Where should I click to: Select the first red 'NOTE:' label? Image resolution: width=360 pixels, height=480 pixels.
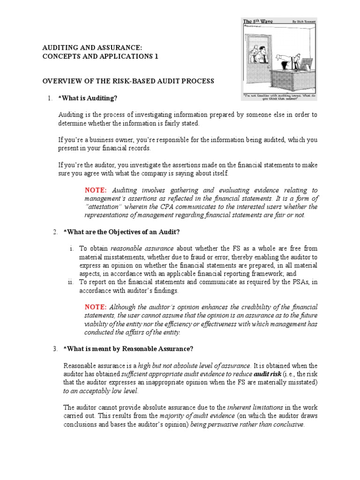[96, 190]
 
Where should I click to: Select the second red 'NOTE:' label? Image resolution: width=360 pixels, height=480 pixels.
[96, 307]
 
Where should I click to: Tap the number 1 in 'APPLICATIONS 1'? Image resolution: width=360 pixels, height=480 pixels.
[157, 56]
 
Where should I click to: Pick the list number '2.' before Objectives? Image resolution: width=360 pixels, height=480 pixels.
[55, 232]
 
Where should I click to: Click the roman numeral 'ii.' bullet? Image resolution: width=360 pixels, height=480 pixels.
[70, 282]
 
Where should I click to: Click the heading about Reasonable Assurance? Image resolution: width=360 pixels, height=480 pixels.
[128, 349]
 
